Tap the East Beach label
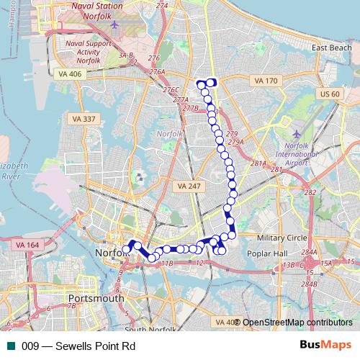331,48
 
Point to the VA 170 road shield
265,81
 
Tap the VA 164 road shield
27,246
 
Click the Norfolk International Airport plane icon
297,135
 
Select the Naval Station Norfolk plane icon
114,25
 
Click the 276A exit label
157,71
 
